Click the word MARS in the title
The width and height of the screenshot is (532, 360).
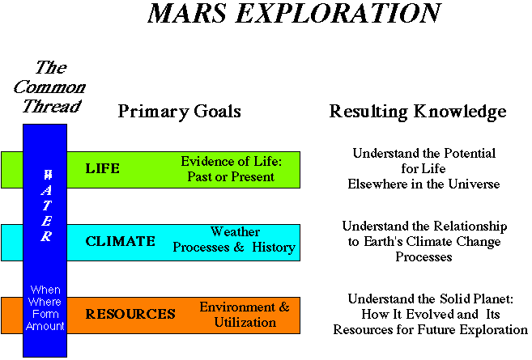(x=187, y=13)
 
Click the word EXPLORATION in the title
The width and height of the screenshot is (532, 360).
(x=338, y=13)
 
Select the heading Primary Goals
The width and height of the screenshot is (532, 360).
(x=179, y=112)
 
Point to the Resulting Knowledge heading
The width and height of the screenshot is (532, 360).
(x=418, y=112)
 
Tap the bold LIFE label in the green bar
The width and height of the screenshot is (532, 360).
(x=103, y=168)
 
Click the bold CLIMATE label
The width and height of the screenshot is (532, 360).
(x=121, y=241)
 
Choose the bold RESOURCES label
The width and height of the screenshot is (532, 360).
(x=130, y=314)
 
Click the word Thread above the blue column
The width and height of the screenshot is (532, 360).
(x=52, y=106)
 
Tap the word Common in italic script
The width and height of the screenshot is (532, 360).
(x=49, y=87)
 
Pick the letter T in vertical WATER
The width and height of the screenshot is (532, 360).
(x=47, y=205)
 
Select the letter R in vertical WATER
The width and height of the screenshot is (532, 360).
(x=46, y=236)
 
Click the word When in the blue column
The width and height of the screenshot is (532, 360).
(x=45, y=290)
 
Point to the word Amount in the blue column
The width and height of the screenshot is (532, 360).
(x=45, y=326)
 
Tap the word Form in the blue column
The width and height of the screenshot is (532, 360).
(x=45, y=314)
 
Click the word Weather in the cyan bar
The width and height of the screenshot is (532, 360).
(x=235, y=232)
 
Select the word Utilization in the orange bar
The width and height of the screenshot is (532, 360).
(x=245, y=322)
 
